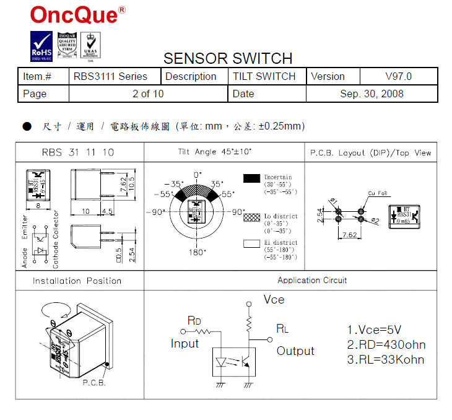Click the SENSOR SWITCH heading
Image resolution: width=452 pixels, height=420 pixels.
(227, 58)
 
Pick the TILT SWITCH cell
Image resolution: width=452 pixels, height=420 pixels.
(264, 77)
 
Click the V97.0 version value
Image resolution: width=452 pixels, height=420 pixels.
(398, 77)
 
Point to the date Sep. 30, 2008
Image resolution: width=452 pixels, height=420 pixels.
(372, 94)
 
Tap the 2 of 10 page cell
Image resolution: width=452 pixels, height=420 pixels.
(148, 94)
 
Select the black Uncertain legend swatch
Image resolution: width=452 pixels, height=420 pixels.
(251, 178)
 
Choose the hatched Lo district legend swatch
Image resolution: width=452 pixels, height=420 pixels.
(251, 217)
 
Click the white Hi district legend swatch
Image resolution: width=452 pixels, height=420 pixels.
(251, 243)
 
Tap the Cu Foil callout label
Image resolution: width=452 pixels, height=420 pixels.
(377, 193)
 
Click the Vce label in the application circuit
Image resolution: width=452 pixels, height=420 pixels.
(274, 300)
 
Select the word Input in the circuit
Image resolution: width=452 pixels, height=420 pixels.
(185, 343)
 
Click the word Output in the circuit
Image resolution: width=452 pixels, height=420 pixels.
(295, 351)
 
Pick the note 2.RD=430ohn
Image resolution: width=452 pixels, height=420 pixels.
(386, 345)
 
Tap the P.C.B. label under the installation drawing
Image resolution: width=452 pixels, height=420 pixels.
(94, 383)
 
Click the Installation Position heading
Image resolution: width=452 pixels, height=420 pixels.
(77, 281)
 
